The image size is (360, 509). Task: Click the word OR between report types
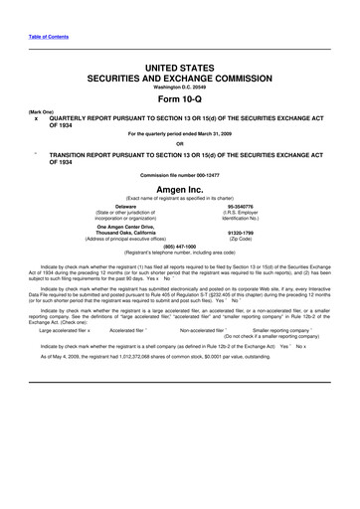[180, 147]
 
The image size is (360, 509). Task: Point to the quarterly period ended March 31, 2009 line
[180, 135]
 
